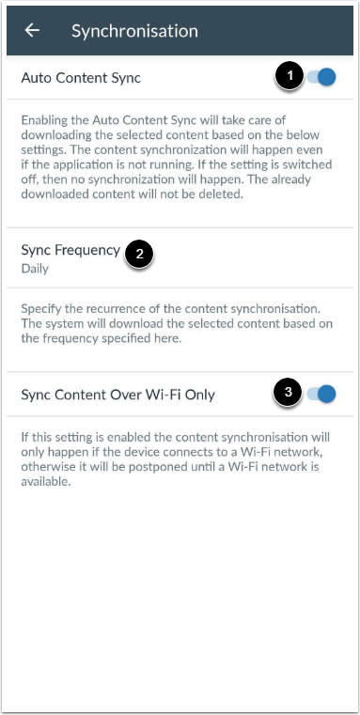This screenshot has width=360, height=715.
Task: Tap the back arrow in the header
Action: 32,30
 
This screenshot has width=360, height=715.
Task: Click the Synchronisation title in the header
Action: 134,30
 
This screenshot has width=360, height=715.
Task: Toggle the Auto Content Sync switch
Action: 321,78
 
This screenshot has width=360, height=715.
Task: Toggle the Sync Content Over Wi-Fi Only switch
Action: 321,394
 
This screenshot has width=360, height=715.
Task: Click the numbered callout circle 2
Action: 139,253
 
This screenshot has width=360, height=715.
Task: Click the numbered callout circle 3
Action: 290,394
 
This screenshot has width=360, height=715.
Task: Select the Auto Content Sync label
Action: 81,78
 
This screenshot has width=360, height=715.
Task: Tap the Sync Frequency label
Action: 70,250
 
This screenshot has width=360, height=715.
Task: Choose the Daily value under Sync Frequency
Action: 34,268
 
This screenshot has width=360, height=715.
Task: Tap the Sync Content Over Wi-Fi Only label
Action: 117,395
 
